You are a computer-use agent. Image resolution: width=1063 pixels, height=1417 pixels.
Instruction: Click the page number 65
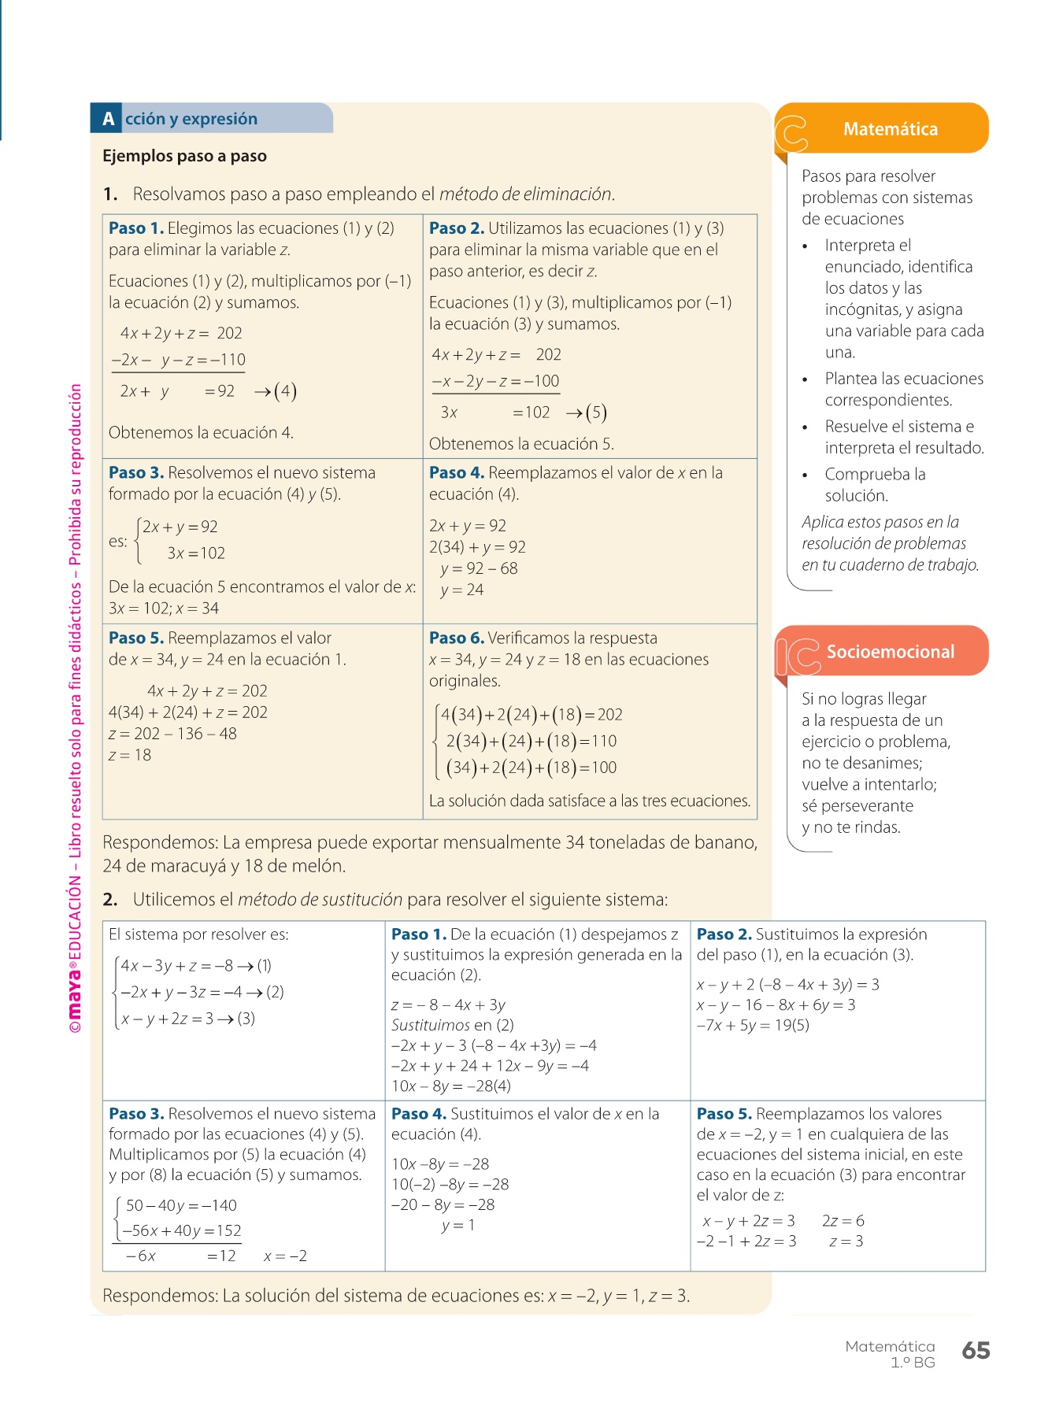pos(976,1350)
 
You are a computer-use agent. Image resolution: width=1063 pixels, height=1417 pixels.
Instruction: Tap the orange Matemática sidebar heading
pos(890,129)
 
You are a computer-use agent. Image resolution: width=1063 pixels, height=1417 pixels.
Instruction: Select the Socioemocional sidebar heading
pos(890,652)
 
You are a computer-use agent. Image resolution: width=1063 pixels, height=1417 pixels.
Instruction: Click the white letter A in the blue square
pos(109,119)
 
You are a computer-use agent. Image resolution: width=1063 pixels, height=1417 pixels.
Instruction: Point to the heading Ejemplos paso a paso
pos(184,156)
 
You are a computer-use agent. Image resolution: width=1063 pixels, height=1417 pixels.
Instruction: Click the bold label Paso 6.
pos(456,638)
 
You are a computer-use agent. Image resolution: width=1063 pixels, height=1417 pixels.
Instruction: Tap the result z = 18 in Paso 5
pos(130,755)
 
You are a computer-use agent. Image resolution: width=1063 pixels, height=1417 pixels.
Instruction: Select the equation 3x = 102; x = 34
pos(164,609)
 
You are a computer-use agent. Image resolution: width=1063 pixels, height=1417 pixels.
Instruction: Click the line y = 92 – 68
pos(479,568)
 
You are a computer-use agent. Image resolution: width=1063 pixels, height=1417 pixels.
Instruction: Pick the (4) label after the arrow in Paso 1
pos(285,391)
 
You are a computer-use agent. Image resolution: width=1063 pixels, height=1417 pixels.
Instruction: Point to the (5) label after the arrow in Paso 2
pos(596,413)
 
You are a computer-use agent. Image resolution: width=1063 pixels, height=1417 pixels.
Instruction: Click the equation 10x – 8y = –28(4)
pos(451,1086)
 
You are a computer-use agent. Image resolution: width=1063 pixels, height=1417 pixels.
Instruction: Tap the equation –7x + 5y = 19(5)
pos(753,1025)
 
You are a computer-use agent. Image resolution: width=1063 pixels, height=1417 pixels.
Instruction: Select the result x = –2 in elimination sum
pos(285,1256)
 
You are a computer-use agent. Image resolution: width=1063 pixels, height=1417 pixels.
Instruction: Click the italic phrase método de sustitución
pos(320,899)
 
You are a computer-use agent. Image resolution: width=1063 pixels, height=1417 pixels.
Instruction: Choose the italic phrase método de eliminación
pos(526,194)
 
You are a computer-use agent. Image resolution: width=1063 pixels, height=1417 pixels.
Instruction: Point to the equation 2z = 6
pos(843,1221)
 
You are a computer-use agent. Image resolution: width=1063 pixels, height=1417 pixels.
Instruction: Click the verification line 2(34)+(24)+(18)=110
pos(531,741)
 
